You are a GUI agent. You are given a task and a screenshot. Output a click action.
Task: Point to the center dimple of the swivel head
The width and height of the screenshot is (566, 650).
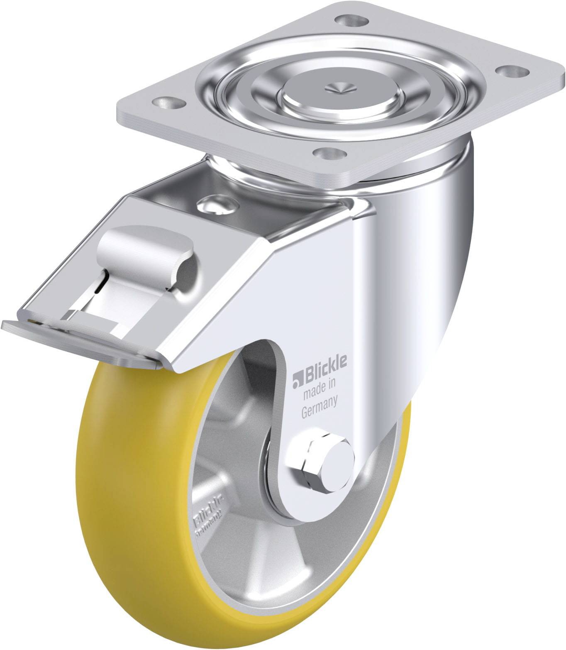point(335,88)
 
